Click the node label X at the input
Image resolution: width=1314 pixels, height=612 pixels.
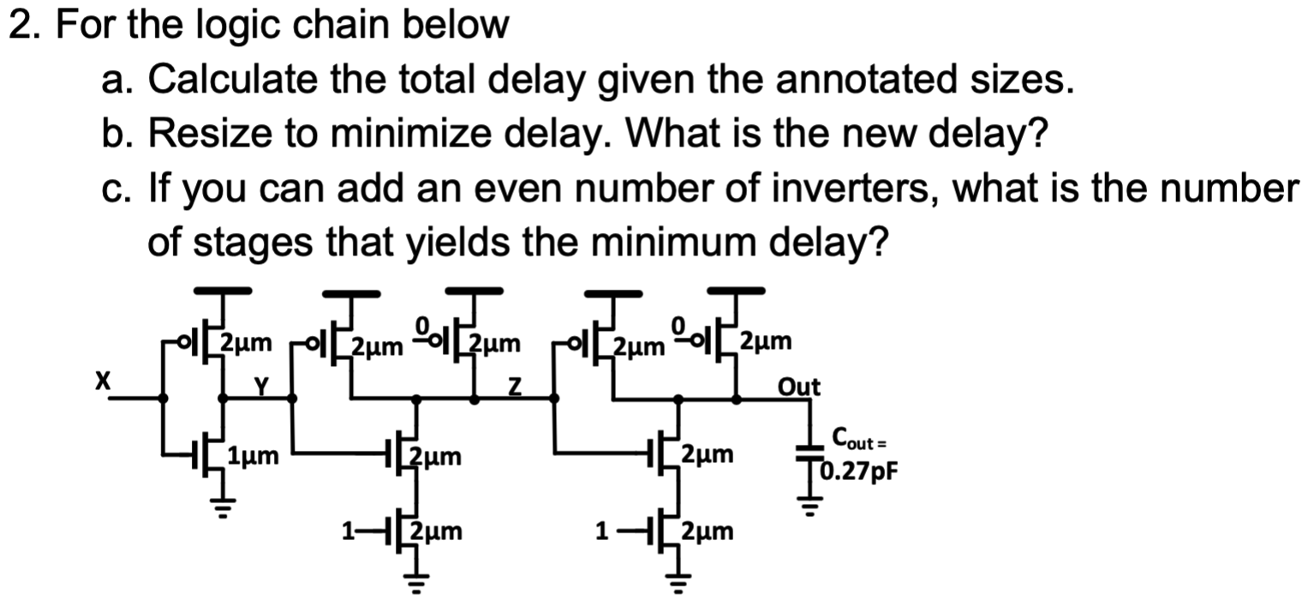click(102, 381)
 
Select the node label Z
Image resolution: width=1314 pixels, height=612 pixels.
click(514, 387)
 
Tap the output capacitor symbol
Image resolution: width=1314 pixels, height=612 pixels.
click(805, 453)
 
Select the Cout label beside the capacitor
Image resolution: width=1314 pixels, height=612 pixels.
click(851, 441)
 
